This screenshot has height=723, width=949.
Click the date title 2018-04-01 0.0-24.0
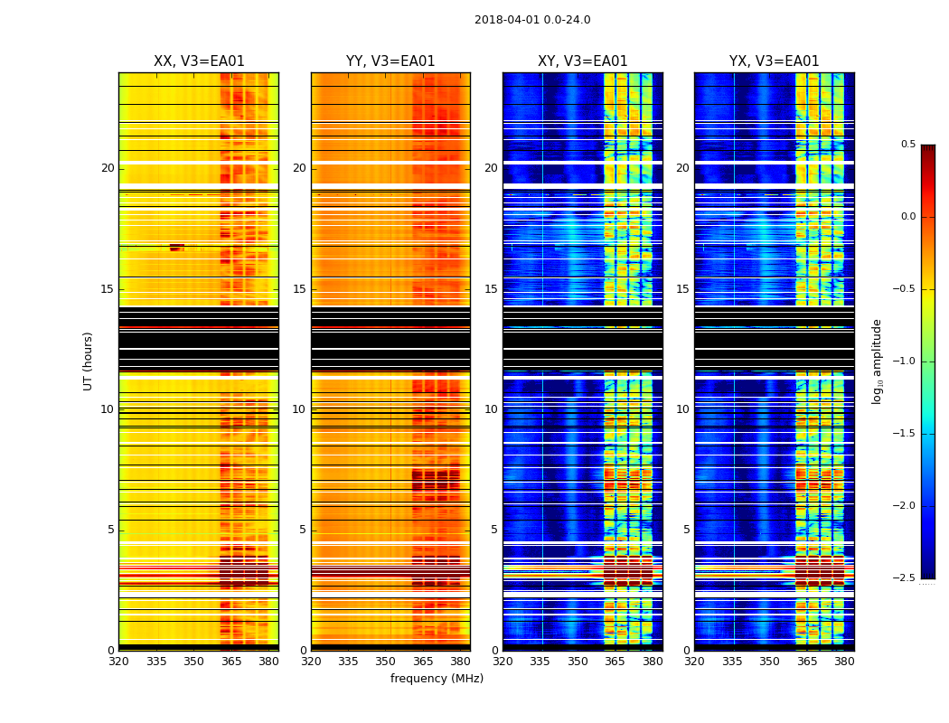tap(532, 20)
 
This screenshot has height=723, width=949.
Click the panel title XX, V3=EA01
tap(199, 61)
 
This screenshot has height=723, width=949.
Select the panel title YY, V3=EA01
tap(390, 61)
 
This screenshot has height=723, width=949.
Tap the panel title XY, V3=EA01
tap(583, 61)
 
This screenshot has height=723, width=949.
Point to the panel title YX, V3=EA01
tap(775, 61)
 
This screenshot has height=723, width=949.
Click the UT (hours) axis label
tap(89, 361)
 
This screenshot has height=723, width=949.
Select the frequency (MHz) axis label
tap(437, 679)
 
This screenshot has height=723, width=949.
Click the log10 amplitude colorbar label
tap(877, 361)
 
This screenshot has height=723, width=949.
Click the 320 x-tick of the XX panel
tap(118, 662)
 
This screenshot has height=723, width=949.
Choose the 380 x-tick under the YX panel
tap(844, 662)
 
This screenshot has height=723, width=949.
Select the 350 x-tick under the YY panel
tap(385, 662)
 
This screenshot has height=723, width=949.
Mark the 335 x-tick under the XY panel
tap(540, 662)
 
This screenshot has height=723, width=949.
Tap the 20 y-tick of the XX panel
tap(108, 168)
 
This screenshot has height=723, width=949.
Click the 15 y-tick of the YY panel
tap(299, 289)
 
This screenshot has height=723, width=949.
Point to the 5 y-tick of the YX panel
tap(686, 530)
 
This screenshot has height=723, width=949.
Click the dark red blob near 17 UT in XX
tap(177, 247)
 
